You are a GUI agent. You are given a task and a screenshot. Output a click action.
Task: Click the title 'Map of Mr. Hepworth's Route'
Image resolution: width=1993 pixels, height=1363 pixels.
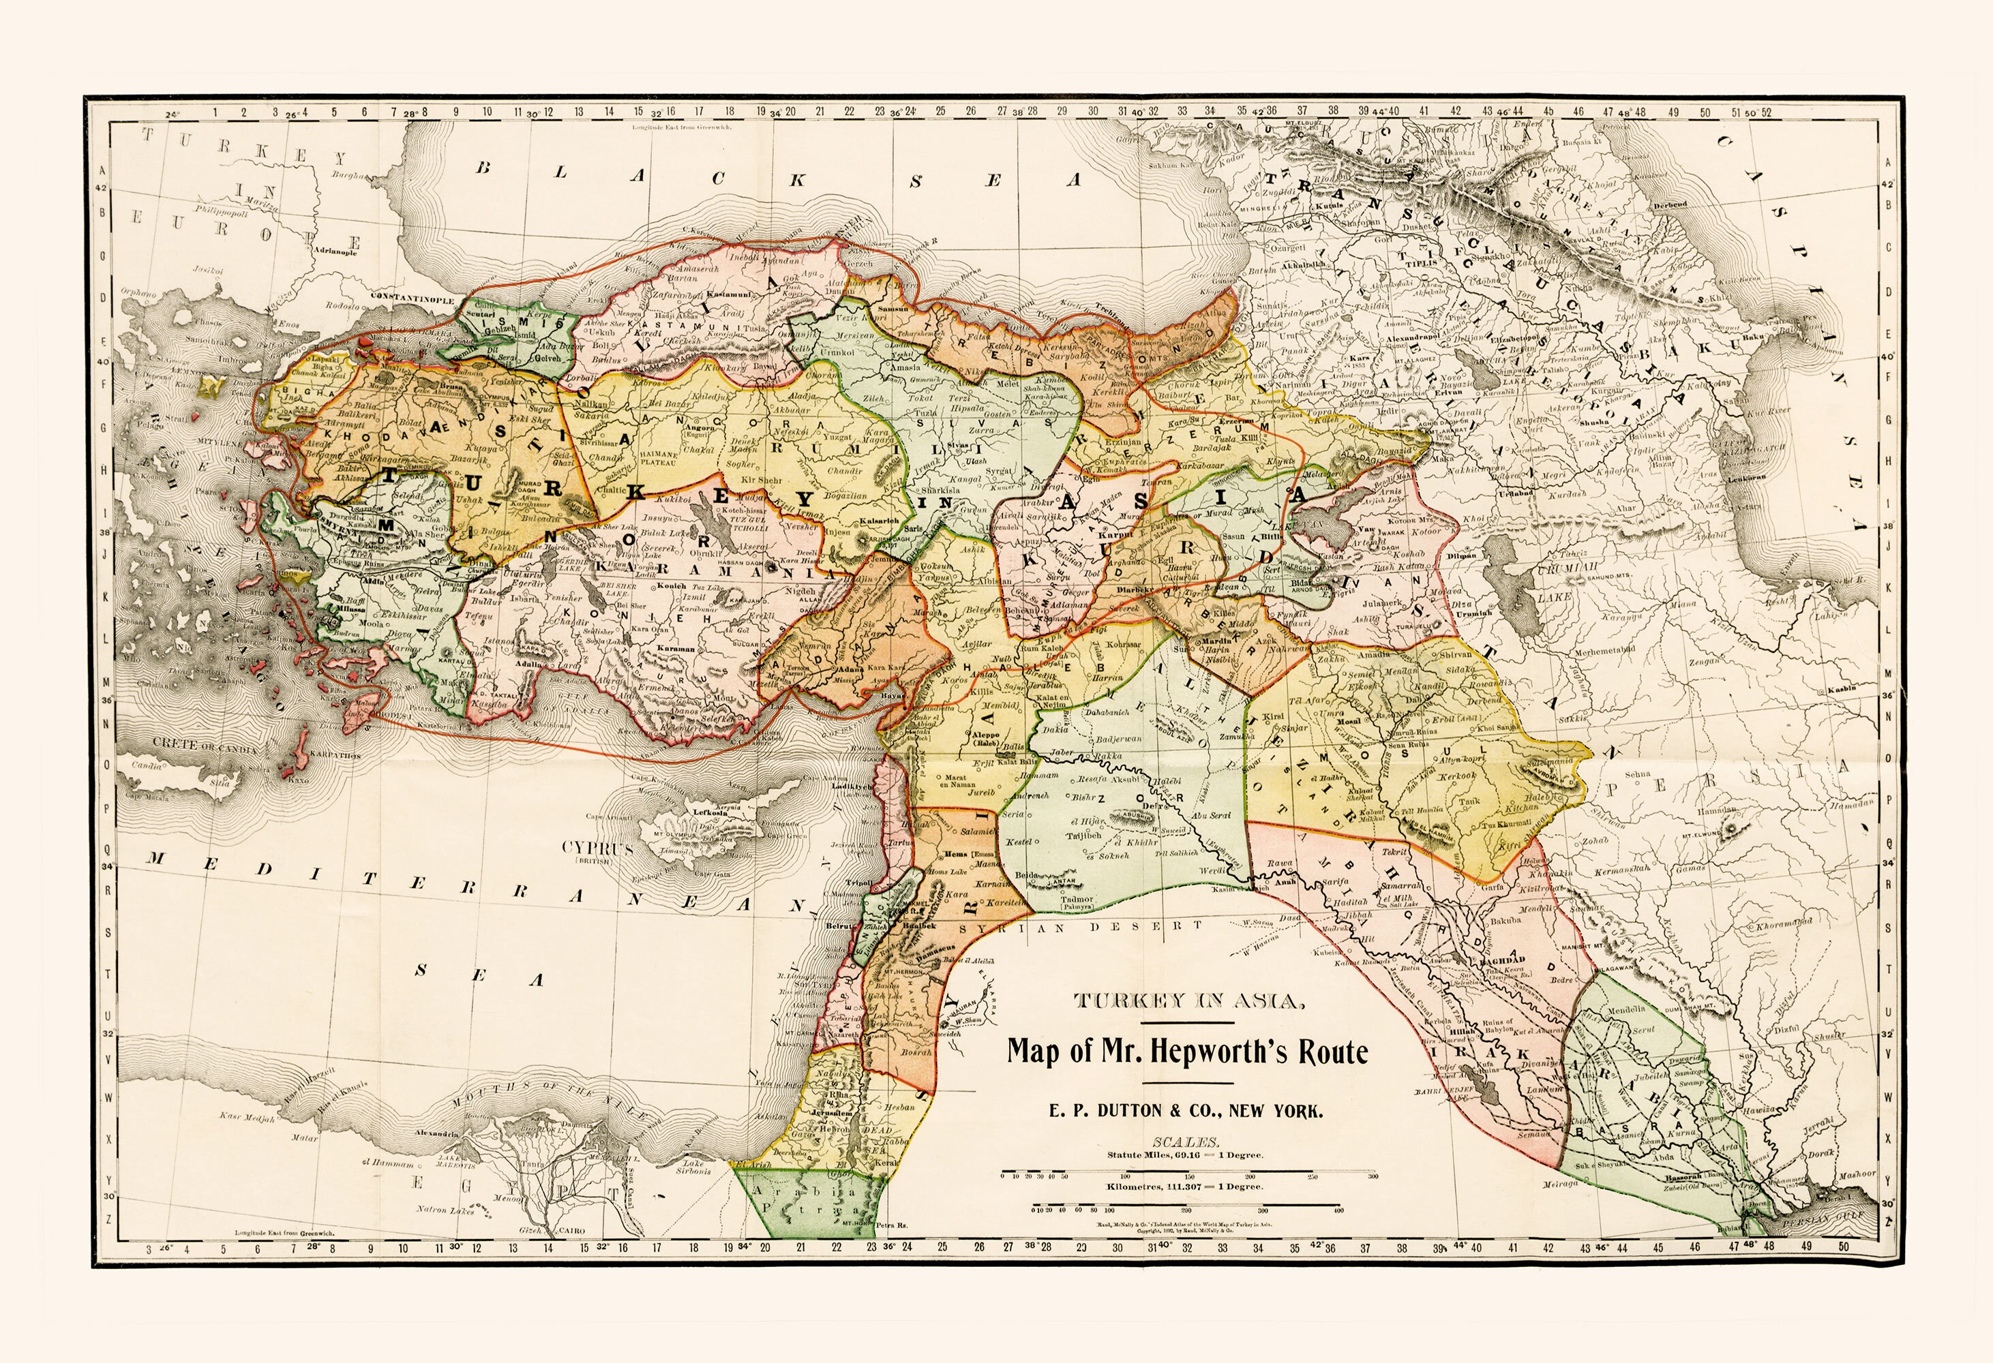[x=1187, y=1051]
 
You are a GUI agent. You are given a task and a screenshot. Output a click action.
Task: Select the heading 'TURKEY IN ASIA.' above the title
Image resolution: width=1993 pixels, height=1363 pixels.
[x=1187, y=1001]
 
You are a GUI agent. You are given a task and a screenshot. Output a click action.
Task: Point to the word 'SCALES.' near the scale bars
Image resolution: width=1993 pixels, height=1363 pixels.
[x=1187, y=1142]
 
